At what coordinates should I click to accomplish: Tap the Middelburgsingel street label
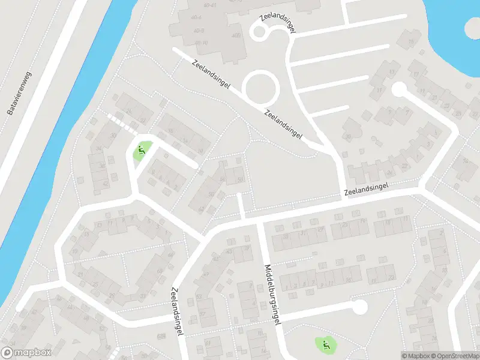click(271, 295)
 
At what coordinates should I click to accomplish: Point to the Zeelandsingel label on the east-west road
click(367, 190)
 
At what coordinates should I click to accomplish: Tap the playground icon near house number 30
click(142, 151)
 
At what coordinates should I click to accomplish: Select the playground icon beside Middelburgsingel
click(325, 344)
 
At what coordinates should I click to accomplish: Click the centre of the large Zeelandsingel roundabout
click(262, 89)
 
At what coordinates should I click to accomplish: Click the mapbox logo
click(26, 353)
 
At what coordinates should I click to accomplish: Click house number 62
click(200, 209)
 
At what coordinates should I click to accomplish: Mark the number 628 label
click(161, 336)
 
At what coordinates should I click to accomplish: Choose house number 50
click(241, 180)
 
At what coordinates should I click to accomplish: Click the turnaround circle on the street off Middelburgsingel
click(359, 307)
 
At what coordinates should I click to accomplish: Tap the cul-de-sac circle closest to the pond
click(398, 89)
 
